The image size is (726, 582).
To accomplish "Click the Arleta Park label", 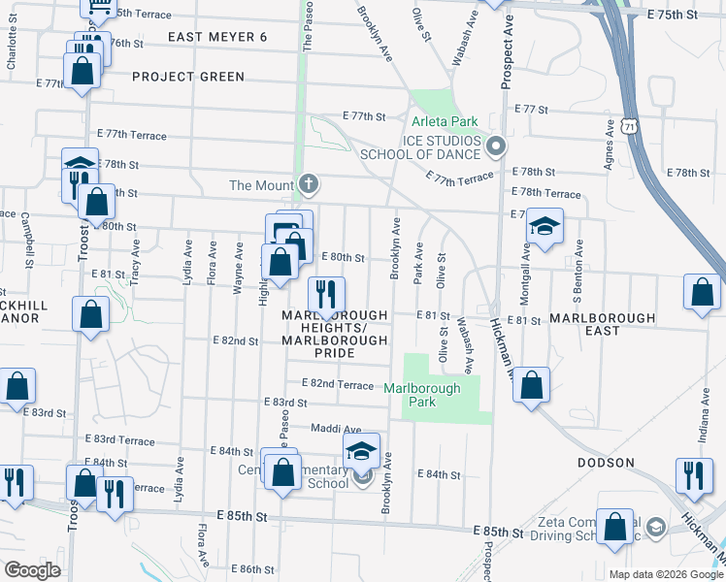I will click(x=445, y=122).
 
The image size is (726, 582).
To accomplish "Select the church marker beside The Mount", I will click(x=309, y=184).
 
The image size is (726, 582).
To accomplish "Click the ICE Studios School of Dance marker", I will click(x=496, y=147).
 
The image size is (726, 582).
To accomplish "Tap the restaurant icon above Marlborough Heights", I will click(x=327, y=292).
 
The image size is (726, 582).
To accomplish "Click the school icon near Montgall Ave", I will click(x=544, y=227).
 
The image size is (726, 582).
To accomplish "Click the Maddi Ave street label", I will click(x=336, y=429).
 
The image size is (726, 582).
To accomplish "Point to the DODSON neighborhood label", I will click(x=607, y=463).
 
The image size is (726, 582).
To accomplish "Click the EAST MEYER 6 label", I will click(x=216, y=37).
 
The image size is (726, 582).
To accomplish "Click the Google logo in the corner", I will click(x=33, y=570).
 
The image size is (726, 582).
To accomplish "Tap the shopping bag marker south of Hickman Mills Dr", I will click(x=532, y=383).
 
